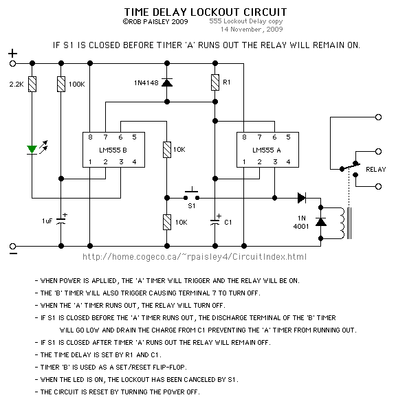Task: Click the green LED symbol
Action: click(32, 150)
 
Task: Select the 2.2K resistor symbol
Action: click(32, 84)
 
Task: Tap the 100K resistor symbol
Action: click(61, 84)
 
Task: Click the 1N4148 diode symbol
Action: click(167, 82)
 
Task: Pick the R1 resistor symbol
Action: click(215, 82)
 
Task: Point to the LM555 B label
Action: click(113, 150)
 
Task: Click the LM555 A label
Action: click(267, 150)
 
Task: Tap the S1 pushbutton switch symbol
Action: click(192, 194)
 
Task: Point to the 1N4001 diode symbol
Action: click(321, 222)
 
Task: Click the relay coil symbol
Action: click(342, 223)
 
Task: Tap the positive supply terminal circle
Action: click(12, 63)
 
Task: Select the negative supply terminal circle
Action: click(12, 246)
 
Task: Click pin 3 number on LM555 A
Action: click(275, 162)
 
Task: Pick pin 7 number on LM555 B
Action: click(105, 137)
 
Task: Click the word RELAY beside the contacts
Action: click(376, 170)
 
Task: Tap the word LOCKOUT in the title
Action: click(215, 12)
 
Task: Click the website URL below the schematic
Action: click(195, 257)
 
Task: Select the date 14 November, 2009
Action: click(252, 30)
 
